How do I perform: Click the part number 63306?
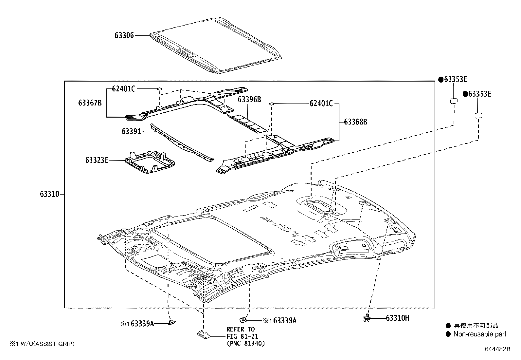(124, 35)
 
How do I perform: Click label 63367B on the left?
(90, 103)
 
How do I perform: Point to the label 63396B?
(249, 100)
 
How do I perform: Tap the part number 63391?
(131, 132)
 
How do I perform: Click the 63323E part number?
(97, 160)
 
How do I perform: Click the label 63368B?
(355, 122)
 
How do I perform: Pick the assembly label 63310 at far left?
(50, 194)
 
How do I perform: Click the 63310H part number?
(397, 318)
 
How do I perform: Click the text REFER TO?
(240, 329)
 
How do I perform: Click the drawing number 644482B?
(497, 349)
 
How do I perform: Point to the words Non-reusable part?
(480, 334)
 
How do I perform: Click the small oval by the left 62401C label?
(159, 88)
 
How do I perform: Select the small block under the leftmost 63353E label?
(454, 101)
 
